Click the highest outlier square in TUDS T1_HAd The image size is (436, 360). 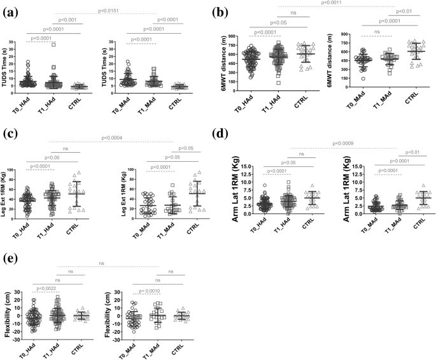click(54, 45)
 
